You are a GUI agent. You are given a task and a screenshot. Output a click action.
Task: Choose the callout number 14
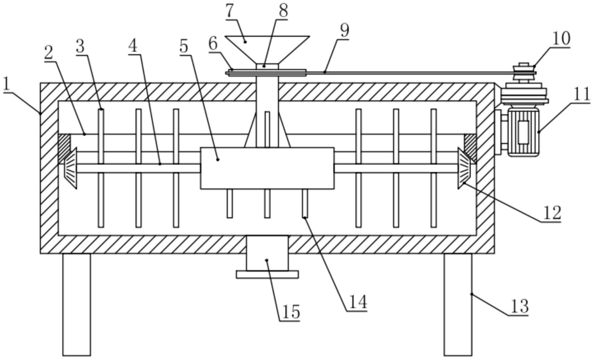(358, 302)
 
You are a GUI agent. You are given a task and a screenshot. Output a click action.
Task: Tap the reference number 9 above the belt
(345, 31)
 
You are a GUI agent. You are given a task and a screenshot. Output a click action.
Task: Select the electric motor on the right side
(523, 131)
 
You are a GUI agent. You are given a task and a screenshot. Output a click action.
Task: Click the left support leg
(77, 304)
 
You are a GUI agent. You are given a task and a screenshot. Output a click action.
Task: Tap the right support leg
(458, 304)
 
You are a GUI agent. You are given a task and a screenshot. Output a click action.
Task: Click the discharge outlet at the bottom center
(267, 253)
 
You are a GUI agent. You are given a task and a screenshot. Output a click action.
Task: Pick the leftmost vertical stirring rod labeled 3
(101, 168)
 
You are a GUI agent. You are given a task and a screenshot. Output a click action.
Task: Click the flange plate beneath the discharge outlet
(267, 274)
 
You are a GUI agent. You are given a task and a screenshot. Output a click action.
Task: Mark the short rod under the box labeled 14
(305, 203)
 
